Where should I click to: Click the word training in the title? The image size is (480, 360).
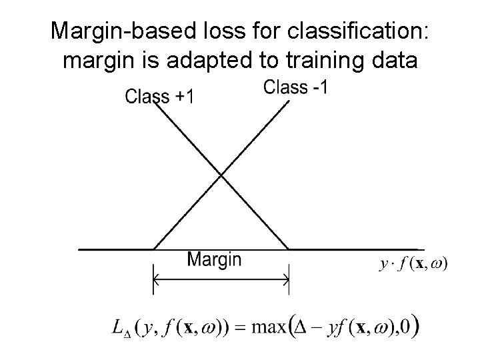click(x=313, y=61)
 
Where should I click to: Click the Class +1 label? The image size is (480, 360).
click(x=160, y=97)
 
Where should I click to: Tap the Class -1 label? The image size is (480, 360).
click(x=295, y=87)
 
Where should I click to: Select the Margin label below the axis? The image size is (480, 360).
click(x=214, y=259)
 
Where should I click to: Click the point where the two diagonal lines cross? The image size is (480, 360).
click(x=221, y=176)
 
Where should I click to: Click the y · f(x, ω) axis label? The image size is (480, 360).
click(x=414, y=264)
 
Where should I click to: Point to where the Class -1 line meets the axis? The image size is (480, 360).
click(x=154, y=249)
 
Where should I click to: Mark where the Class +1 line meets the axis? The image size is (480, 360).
click(x=288, y=249)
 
